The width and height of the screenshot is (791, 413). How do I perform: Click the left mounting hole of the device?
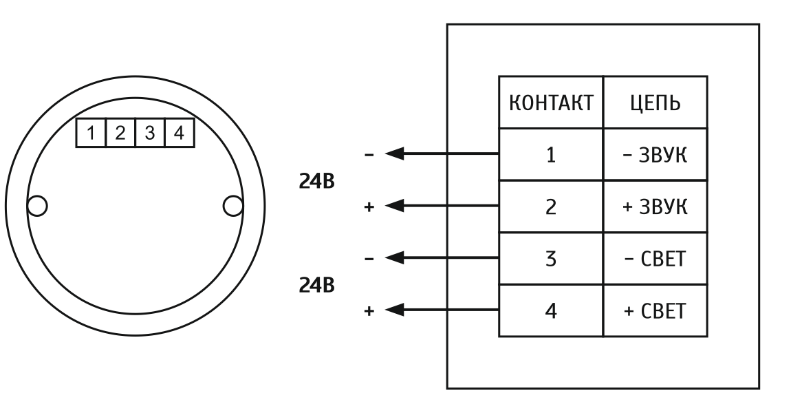(x=36, y=205)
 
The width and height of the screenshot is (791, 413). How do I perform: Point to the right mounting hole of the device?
(x=233, y=205)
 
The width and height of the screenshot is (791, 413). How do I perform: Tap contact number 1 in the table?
(x=550, y=155)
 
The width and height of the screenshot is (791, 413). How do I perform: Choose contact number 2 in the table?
(x=550, y=206)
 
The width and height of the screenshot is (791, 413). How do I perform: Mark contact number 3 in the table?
(x=550, y=259)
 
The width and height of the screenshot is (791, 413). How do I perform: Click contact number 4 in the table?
(x=550, y=311)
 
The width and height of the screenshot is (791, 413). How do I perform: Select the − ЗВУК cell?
(x=655, y=155)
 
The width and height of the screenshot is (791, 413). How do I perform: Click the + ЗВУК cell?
(x=655, y=206)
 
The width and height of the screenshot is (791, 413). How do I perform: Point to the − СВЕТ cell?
(x=655, y=259)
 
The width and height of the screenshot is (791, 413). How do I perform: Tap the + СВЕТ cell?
(x=655, y=311)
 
